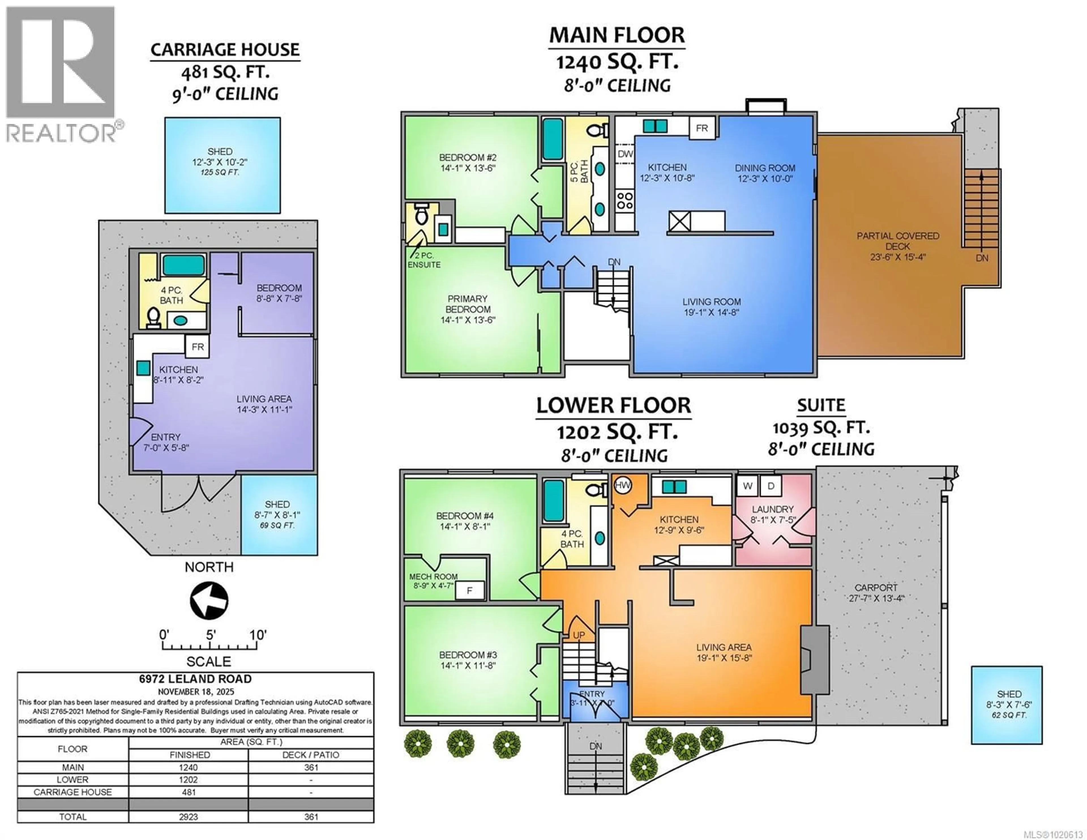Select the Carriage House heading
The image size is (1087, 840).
pos(225,50)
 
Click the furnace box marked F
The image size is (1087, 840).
pos(469,591)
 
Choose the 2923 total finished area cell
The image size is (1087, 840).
pos(189,817)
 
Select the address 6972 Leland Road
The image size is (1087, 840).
pos(195,679)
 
